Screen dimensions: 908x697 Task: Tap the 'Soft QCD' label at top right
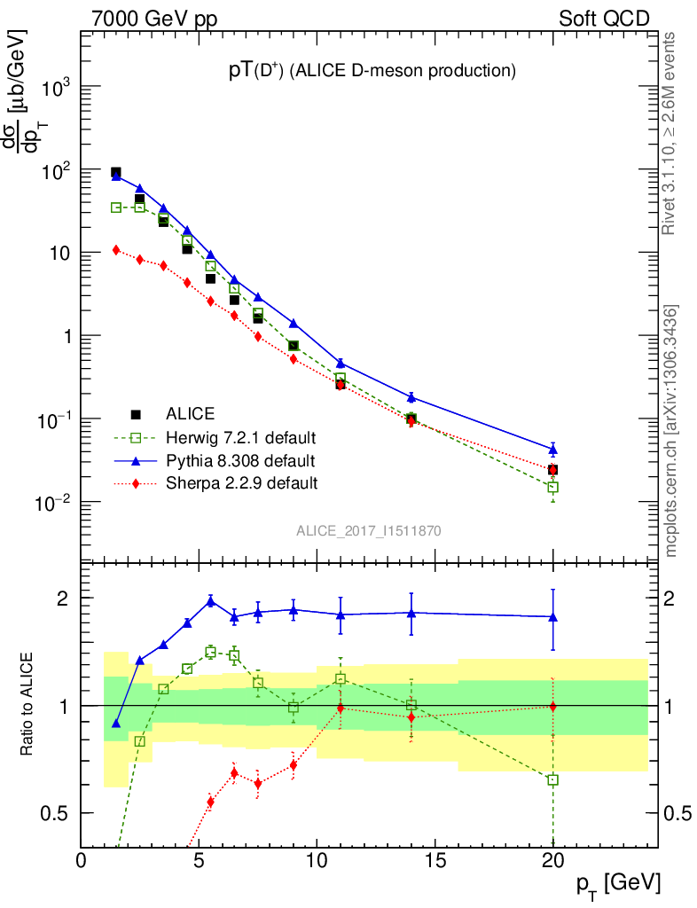[x=604, y=19]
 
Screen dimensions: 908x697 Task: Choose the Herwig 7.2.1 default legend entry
[x=240, y=437]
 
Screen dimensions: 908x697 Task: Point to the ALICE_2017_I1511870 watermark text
[x=369, y=531]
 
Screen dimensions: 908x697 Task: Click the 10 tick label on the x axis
[x=317, y=860]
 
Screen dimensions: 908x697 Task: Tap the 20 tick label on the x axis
[x=552, y=860]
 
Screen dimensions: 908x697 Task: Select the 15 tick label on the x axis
[x=435, y=860]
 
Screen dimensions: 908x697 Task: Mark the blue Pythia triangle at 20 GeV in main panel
[x=553, y=450]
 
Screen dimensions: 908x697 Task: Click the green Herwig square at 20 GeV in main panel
[x=553, y=487]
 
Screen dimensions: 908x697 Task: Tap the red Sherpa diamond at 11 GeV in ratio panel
[x=341, y=708]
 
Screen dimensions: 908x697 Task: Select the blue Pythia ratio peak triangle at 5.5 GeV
[x=211, y=601]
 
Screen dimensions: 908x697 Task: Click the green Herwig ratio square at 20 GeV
[x=553, y=779]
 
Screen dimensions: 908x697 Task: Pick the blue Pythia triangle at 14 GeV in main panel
[x=411, y=396]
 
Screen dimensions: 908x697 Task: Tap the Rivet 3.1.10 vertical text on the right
[x=670, y=134]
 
